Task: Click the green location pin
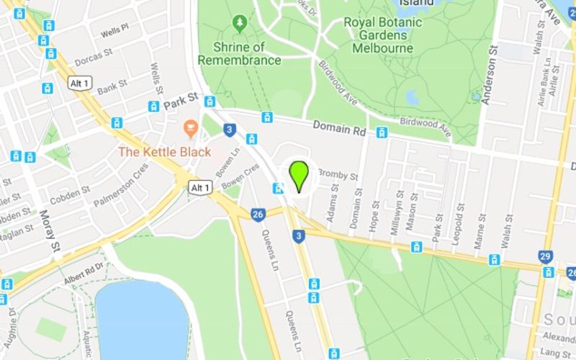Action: click(299, 174)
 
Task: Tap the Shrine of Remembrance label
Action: click(239, 53)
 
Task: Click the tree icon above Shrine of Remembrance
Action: click(239, 24)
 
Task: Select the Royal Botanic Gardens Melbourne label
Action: click(383, 35)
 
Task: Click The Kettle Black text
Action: click(164, 152)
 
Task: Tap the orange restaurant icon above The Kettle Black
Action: click(191, 130)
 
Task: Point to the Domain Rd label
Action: click(339, 127)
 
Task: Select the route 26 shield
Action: click(258, 214)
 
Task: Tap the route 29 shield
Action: click(545, 256)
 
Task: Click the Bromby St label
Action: click(338, 174)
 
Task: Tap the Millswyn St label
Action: click(394, 208)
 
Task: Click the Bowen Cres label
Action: click(240, 178)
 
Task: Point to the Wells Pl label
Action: click(114, 31)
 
